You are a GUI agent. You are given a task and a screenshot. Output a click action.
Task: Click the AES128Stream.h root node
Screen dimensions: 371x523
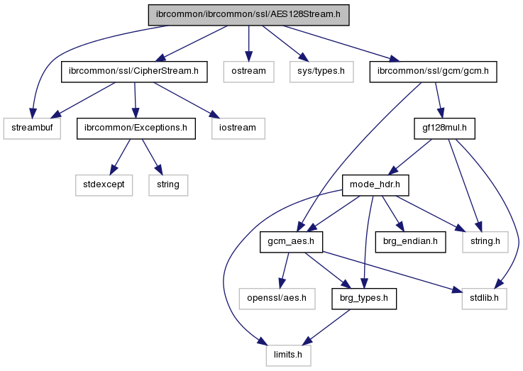[x=248, y=15]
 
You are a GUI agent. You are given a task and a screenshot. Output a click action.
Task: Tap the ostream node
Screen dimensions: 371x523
[x=248, y=72]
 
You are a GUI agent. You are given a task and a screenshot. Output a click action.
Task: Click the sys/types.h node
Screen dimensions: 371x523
[x=321, y=72]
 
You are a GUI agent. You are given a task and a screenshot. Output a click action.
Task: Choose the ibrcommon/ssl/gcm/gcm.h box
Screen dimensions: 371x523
[x=434, y=72]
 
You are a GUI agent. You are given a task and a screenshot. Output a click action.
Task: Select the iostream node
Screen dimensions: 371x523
[x=237, y=128]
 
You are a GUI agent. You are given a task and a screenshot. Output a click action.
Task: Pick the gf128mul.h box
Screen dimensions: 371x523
[x=444, y=128]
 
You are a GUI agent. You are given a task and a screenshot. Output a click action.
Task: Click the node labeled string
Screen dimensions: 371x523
[x=168, y=185]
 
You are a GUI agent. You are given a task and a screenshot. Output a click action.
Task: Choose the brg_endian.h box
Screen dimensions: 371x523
[x=409, y=242]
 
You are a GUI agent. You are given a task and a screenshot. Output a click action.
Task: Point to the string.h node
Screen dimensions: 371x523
[x=486, y=242]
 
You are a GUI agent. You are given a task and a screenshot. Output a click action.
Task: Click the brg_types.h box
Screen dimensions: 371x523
[x=363, y=299]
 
